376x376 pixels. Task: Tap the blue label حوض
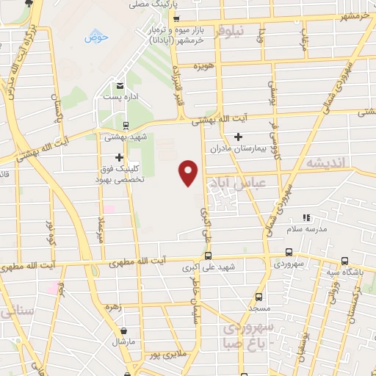[96, 37]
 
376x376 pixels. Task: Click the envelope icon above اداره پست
[120, 85]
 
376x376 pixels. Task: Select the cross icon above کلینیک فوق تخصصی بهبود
[119, 156]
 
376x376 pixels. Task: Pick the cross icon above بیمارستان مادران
[238, 137]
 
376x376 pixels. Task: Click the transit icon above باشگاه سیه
[344, 261]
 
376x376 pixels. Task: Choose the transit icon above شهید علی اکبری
[209, 256]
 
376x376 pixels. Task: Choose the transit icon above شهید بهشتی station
[125, 125]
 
